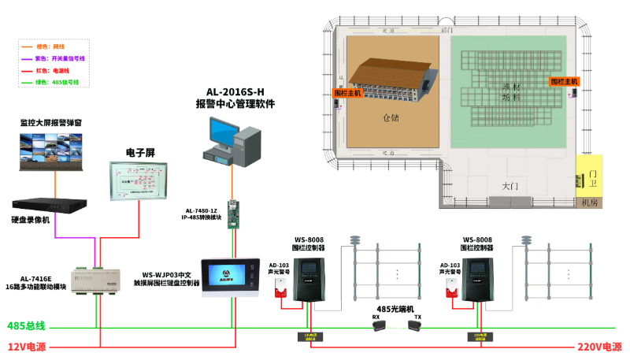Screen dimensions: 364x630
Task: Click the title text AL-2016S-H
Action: tap(235, 91)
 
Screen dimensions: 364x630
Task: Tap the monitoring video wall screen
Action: tap(54, 152)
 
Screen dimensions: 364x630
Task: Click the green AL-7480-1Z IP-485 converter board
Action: tap(233, 214)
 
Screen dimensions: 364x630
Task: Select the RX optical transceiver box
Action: tap(379, 326)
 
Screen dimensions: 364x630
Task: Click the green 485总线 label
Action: tap(27, 326)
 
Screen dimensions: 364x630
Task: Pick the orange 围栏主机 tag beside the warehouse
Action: tap(347, 93)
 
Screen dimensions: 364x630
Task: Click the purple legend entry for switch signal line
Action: tap(58, 58)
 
